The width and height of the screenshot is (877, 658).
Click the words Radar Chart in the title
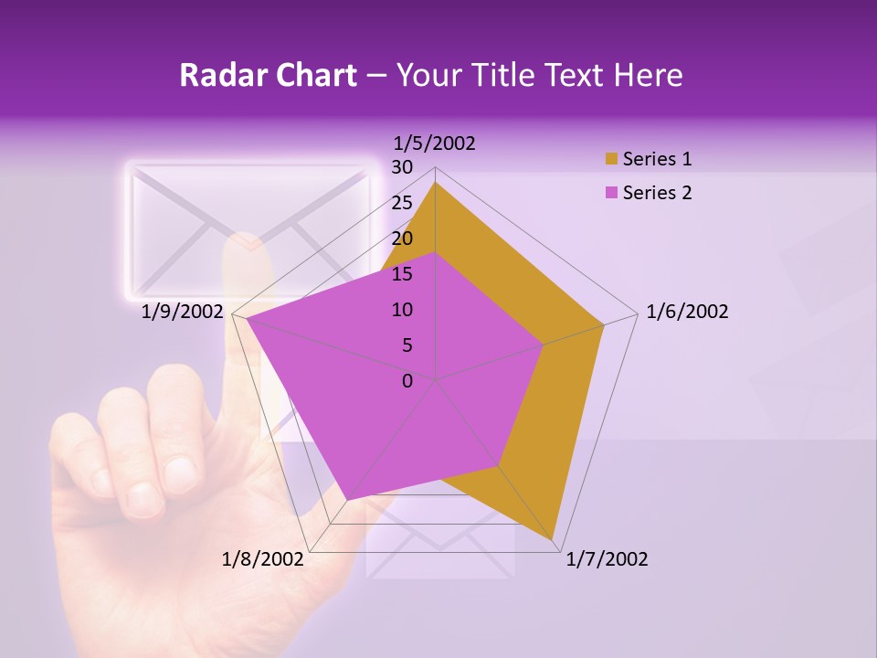click(268, 75)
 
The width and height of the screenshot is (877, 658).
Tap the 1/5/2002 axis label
click(435, 143)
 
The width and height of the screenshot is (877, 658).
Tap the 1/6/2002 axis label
click(687, 312)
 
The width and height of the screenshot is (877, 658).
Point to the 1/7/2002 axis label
click(607, 559)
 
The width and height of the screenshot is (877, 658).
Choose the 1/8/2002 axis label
click(263, 559)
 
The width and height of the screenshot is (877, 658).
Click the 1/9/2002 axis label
click(183, 312)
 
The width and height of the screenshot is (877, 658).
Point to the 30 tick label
click(401, 167)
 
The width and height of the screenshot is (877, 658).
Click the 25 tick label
click(401, 203)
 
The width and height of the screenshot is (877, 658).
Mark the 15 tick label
click(401, 274)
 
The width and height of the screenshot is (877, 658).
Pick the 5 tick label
click(407, 345)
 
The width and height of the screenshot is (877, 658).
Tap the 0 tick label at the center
click(407, 381)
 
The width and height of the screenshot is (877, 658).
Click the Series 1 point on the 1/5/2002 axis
click(435, 183)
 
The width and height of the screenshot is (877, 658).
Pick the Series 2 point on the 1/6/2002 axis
click(544, 345)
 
